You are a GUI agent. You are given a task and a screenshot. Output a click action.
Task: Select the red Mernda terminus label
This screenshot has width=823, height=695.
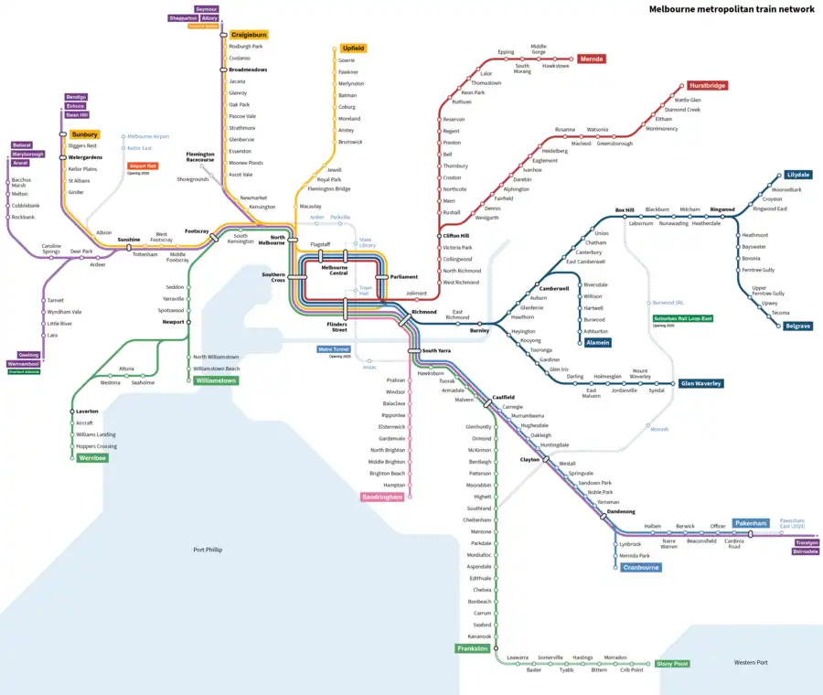tap(592, 59)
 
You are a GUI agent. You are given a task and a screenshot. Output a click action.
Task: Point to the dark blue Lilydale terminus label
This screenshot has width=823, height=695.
tap(797, 174)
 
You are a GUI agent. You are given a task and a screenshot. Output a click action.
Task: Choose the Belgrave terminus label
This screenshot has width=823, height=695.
tap(798, 325)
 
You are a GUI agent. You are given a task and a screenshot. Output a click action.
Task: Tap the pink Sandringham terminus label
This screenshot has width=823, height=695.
tap(382, 497)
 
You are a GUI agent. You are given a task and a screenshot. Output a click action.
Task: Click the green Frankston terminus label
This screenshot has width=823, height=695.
tap(473, 648)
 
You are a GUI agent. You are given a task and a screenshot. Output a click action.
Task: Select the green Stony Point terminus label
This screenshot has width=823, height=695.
tap(672, 664)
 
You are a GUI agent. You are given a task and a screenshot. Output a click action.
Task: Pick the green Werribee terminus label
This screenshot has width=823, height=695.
tap(92, 457)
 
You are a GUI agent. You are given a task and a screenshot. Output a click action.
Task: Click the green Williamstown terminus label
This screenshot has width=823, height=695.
tap(216, 380)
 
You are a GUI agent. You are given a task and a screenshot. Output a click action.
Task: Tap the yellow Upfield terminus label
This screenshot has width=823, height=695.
tap(354, 48)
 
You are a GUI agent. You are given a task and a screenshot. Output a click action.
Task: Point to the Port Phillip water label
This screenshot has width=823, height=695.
tap(208, 550)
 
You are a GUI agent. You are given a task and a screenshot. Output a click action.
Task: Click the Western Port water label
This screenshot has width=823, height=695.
tap(751, 662)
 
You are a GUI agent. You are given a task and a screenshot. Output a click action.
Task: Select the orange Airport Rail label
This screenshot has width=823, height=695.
tap(143, 166)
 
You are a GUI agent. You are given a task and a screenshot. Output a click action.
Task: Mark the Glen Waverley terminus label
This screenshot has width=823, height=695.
tap(700, 383)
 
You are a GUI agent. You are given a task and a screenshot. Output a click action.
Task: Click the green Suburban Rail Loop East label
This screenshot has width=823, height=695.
tap(682, 318)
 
